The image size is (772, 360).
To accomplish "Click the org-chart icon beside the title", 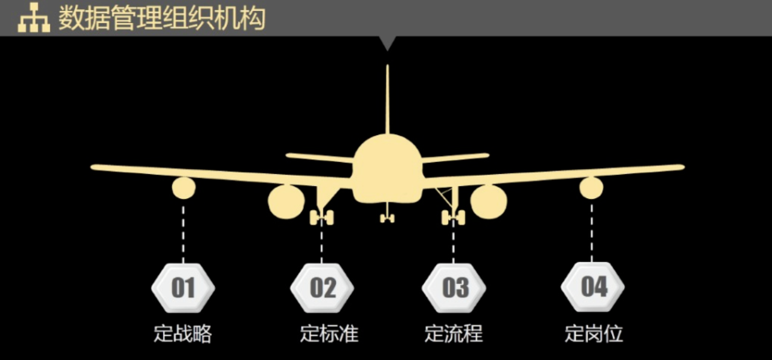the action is click(33, 19).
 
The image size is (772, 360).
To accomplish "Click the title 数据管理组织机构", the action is click(162, 18).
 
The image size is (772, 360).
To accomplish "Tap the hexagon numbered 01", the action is click(183, 288).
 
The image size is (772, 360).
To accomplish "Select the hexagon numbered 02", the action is click(322, 288).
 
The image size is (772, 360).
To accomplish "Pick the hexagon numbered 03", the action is click(454, 288).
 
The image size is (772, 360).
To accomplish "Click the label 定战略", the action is click(182, 333).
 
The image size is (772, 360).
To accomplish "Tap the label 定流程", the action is click(454, 333).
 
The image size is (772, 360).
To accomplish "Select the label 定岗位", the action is click(594, 333).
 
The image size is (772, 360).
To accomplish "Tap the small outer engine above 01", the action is click(184, 188).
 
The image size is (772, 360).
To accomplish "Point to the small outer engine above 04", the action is click(591, 188).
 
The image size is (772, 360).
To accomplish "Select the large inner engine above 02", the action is click(286, 202).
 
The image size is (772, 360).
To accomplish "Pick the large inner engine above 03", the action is click(489, 202).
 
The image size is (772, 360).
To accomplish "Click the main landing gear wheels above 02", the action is click(321, 217).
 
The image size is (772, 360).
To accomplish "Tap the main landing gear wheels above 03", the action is click(453, 217).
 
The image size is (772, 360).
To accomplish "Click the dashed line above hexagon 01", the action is click(183, 233).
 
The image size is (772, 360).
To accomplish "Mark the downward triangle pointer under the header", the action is click(387, 43).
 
